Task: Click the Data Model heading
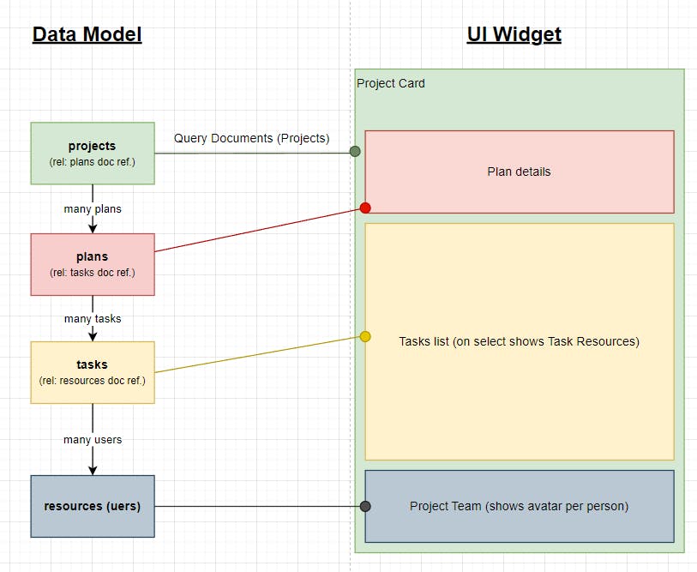coord(87,34)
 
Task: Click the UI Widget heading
coord(514,34)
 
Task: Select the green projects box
coord(93,153)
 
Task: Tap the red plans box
coord(93,264)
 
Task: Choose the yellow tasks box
coord(93,372)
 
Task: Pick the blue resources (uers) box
coord(93,506)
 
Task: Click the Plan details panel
coord(519,172)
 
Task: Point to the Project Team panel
coord(519,506)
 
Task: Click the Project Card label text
coord(391,83)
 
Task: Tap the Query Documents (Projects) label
coord(251,138)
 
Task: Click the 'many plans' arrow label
coord(93,209)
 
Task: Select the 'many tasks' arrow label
coord(93,318)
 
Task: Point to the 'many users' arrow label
coord(93,440)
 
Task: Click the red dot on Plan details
coord(365,208)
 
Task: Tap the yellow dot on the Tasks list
coord(365,336)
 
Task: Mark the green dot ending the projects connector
coord(355,152)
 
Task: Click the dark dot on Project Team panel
coord(365,506)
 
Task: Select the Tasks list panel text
coord(519,341)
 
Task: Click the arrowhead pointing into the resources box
coord(93,469)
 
